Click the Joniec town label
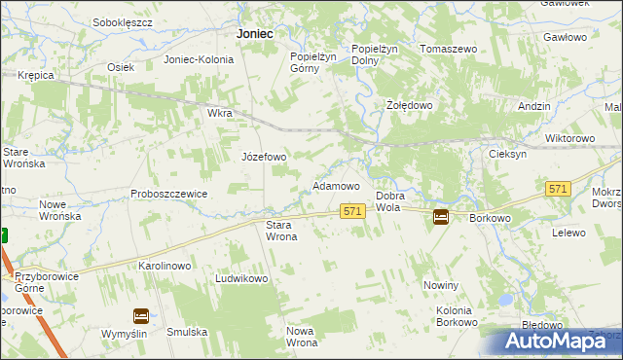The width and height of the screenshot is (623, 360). pos(254,33)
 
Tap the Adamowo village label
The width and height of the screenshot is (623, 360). pos(335,185)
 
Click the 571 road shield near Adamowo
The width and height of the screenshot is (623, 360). pos(352,211)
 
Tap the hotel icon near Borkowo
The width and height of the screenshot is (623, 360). pos(441,217)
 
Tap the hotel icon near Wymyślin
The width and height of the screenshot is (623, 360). pos(140,315)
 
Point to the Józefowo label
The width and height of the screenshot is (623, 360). pos(264,157)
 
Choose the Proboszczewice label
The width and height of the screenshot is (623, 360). pos(169,194)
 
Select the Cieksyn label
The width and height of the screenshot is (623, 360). pos(508,155)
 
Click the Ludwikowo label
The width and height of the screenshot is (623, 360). pos(240,278)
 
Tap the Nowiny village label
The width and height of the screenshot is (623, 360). pos(440,285)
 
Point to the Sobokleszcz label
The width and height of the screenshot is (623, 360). pos(123,20)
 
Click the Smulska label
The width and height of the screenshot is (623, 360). pos(187,332)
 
